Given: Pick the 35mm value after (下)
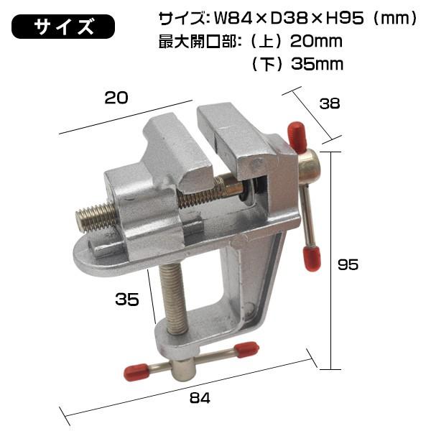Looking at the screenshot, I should click(318, 64).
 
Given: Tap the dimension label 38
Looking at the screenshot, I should click(330, 103).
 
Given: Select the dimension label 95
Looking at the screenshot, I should click(348, 264).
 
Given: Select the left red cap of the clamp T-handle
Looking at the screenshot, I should click(134, 372).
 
